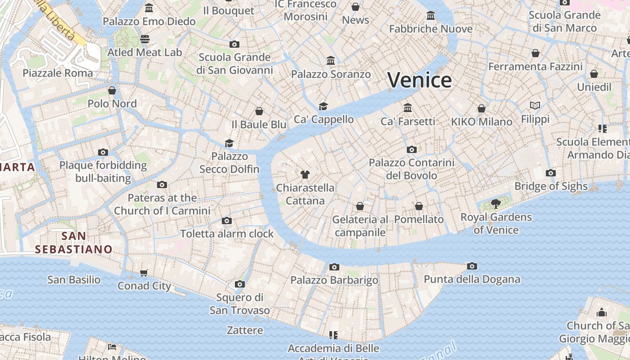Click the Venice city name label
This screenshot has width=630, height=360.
(419, 80)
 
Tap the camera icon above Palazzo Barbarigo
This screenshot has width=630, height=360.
(334, 267)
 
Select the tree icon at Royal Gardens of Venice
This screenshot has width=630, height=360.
(496, 204)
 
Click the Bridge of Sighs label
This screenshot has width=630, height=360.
(551, 186)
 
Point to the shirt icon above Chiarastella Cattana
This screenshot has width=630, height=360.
(305, 174)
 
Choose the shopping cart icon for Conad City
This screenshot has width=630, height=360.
(144, 273)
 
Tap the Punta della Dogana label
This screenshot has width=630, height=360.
(472, 279)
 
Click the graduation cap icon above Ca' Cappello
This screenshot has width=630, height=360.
(323, 106)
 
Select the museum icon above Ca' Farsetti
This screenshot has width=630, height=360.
(408, 108)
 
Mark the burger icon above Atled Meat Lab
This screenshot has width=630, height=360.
(144, 39)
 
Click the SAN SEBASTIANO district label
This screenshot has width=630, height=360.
(74, 243)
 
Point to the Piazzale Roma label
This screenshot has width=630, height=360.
(58, 73)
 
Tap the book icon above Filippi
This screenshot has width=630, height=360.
(535, 105)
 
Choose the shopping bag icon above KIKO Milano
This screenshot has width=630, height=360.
(481, 108)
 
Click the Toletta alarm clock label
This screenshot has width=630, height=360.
(227, 234)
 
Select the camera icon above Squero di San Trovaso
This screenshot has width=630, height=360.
(240, 284)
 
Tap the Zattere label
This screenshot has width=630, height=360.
(245, 330)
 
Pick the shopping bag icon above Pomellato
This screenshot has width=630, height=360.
(419, 206)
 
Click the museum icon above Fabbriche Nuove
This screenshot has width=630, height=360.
(431, 16)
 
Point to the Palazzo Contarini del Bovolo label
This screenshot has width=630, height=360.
(411, 169)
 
